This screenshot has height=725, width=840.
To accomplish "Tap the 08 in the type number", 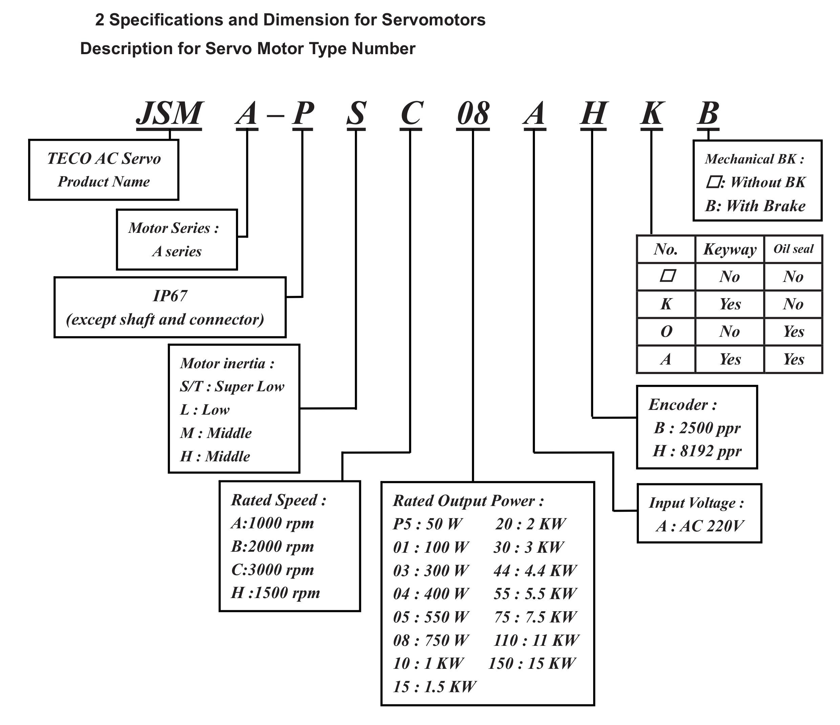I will point(473,113).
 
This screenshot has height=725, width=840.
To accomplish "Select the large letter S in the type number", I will point(357,113).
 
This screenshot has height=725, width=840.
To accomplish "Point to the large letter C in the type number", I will point(411,113).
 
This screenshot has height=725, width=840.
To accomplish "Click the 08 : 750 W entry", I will point(431,640).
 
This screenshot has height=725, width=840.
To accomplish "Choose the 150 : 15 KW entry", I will point(532,663).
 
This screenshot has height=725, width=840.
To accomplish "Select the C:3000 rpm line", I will point(273,570).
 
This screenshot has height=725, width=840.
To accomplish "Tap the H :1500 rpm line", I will point(275,593).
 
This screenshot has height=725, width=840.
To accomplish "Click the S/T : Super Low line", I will point(232,386).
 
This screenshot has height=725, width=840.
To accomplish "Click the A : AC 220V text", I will point(700,526).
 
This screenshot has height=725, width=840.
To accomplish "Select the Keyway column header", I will point(730,249).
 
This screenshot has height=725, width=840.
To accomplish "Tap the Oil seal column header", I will point(793,249).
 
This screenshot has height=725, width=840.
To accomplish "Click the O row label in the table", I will point(666,331).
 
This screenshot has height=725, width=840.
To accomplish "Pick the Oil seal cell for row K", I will point(793,304).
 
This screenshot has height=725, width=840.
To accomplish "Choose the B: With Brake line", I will point(755,206).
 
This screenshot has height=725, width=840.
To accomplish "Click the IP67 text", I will point(170,296).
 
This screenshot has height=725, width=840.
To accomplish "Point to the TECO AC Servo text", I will point(104,158).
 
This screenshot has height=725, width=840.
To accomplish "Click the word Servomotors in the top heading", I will point(433,20).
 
